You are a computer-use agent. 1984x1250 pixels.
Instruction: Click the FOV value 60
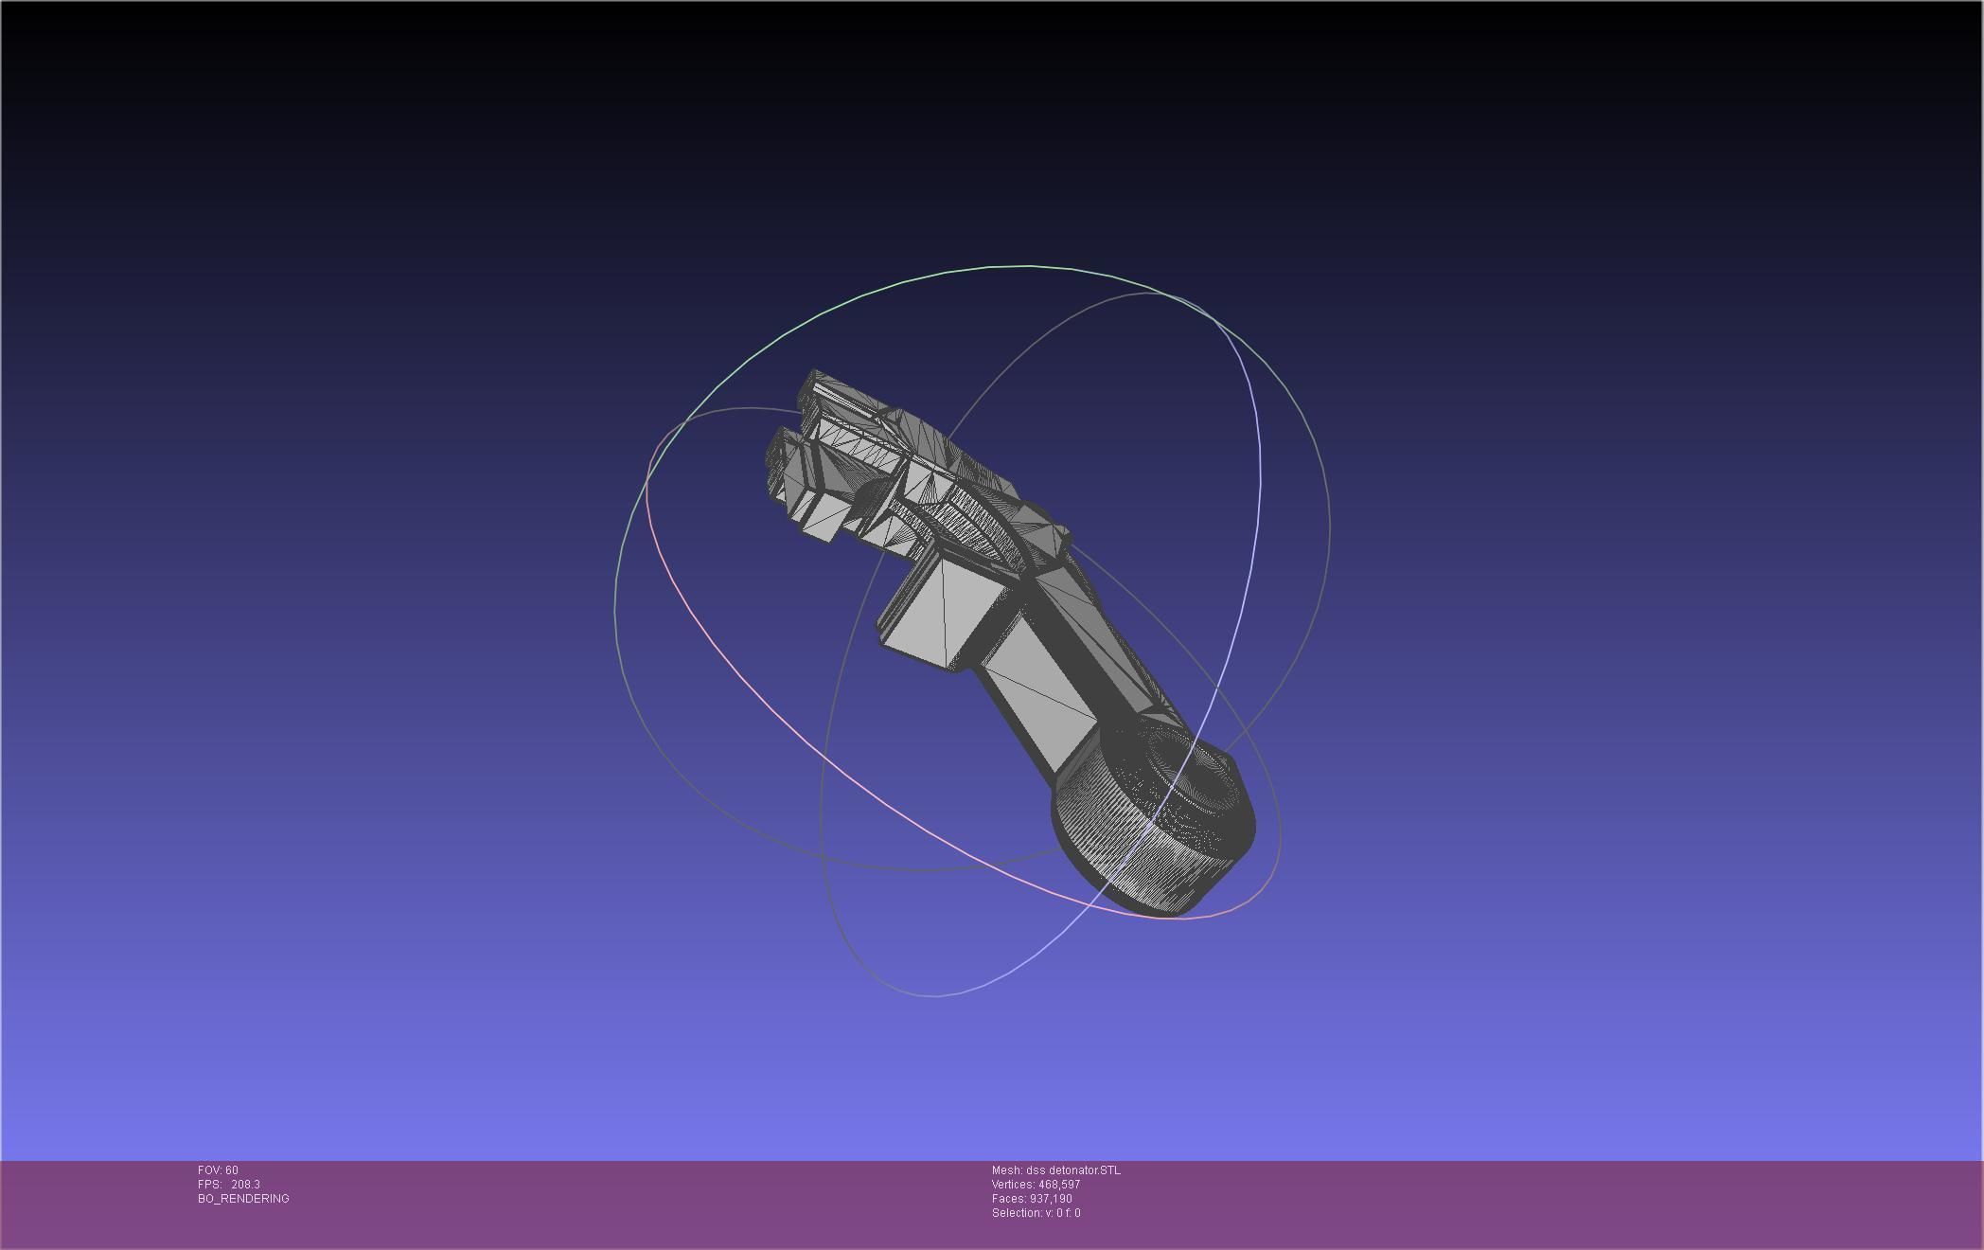point(232,1170)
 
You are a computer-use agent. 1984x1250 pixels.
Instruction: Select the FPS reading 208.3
point(245,1185)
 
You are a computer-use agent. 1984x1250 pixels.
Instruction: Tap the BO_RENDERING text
point(243,1199)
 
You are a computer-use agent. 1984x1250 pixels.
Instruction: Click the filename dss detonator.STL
point(1072,1170)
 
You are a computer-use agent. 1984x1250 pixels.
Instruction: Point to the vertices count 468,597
point(1059,1185)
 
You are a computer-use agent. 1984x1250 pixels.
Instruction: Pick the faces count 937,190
point(1051,1199)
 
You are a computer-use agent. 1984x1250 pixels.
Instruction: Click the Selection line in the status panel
point(1036,1213)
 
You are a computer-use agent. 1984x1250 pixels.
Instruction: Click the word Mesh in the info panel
point(1006,1170)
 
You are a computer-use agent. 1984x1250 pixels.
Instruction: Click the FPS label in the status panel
point(209,1185)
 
